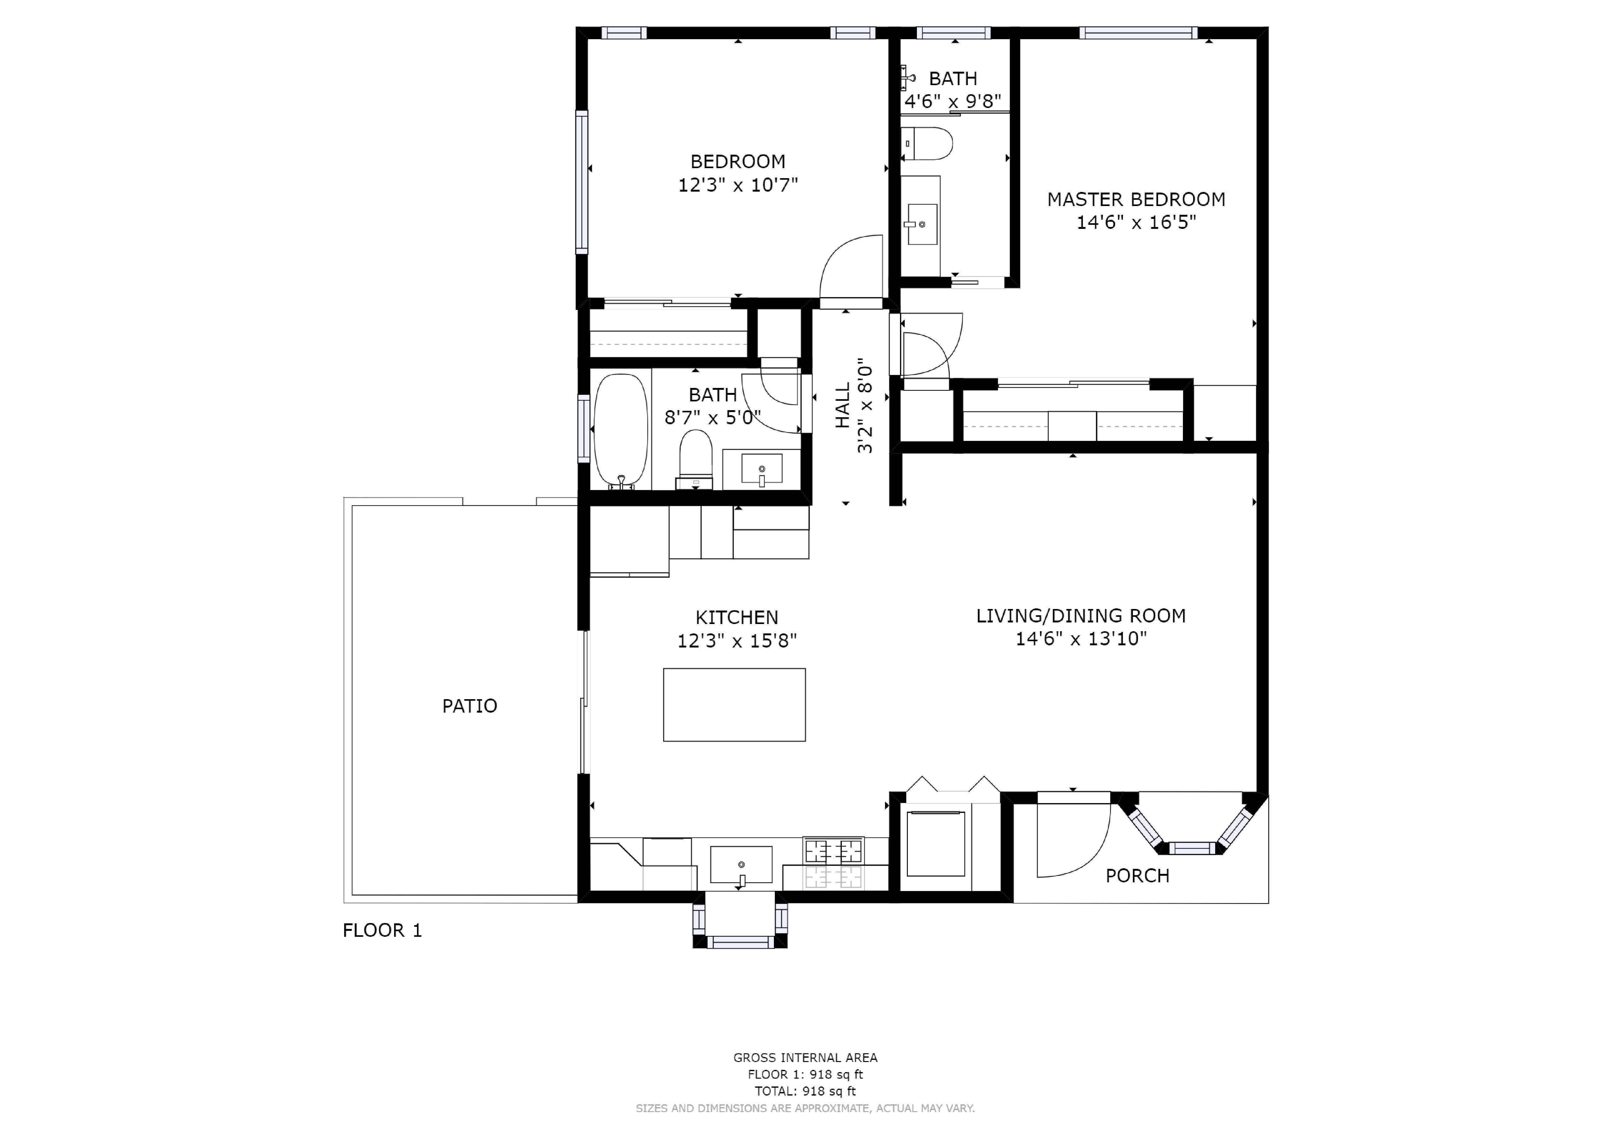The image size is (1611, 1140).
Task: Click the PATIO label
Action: pyautogui.click(x=469, y=706)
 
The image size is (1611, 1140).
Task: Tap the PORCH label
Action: pyautogui.click(x=1138, y=876)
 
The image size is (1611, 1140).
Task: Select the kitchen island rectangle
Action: pyautogui.click(x=734, y=705)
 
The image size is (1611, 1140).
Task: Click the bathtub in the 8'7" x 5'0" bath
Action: pyautogui.click(x=621, y=430)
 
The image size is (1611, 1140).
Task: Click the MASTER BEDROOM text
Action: pyautogui.click(x=1136, y=199)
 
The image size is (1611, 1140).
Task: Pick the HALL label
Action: pyautogui.click(x=843, y=405)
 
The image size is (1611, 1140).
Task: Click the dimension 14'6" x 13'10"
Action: pyautogui.click(x=1081, y=639)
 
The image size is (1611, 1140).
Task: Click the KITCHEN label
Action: pyautogui.click(x=737, y=618)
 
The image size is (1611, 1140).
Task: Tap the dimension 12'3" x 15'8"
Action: pyautogui.click(x=737, y=641)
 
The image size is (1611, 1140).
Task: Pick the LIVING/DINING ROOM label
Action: pyautogui.click(x=1081, y=616)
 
